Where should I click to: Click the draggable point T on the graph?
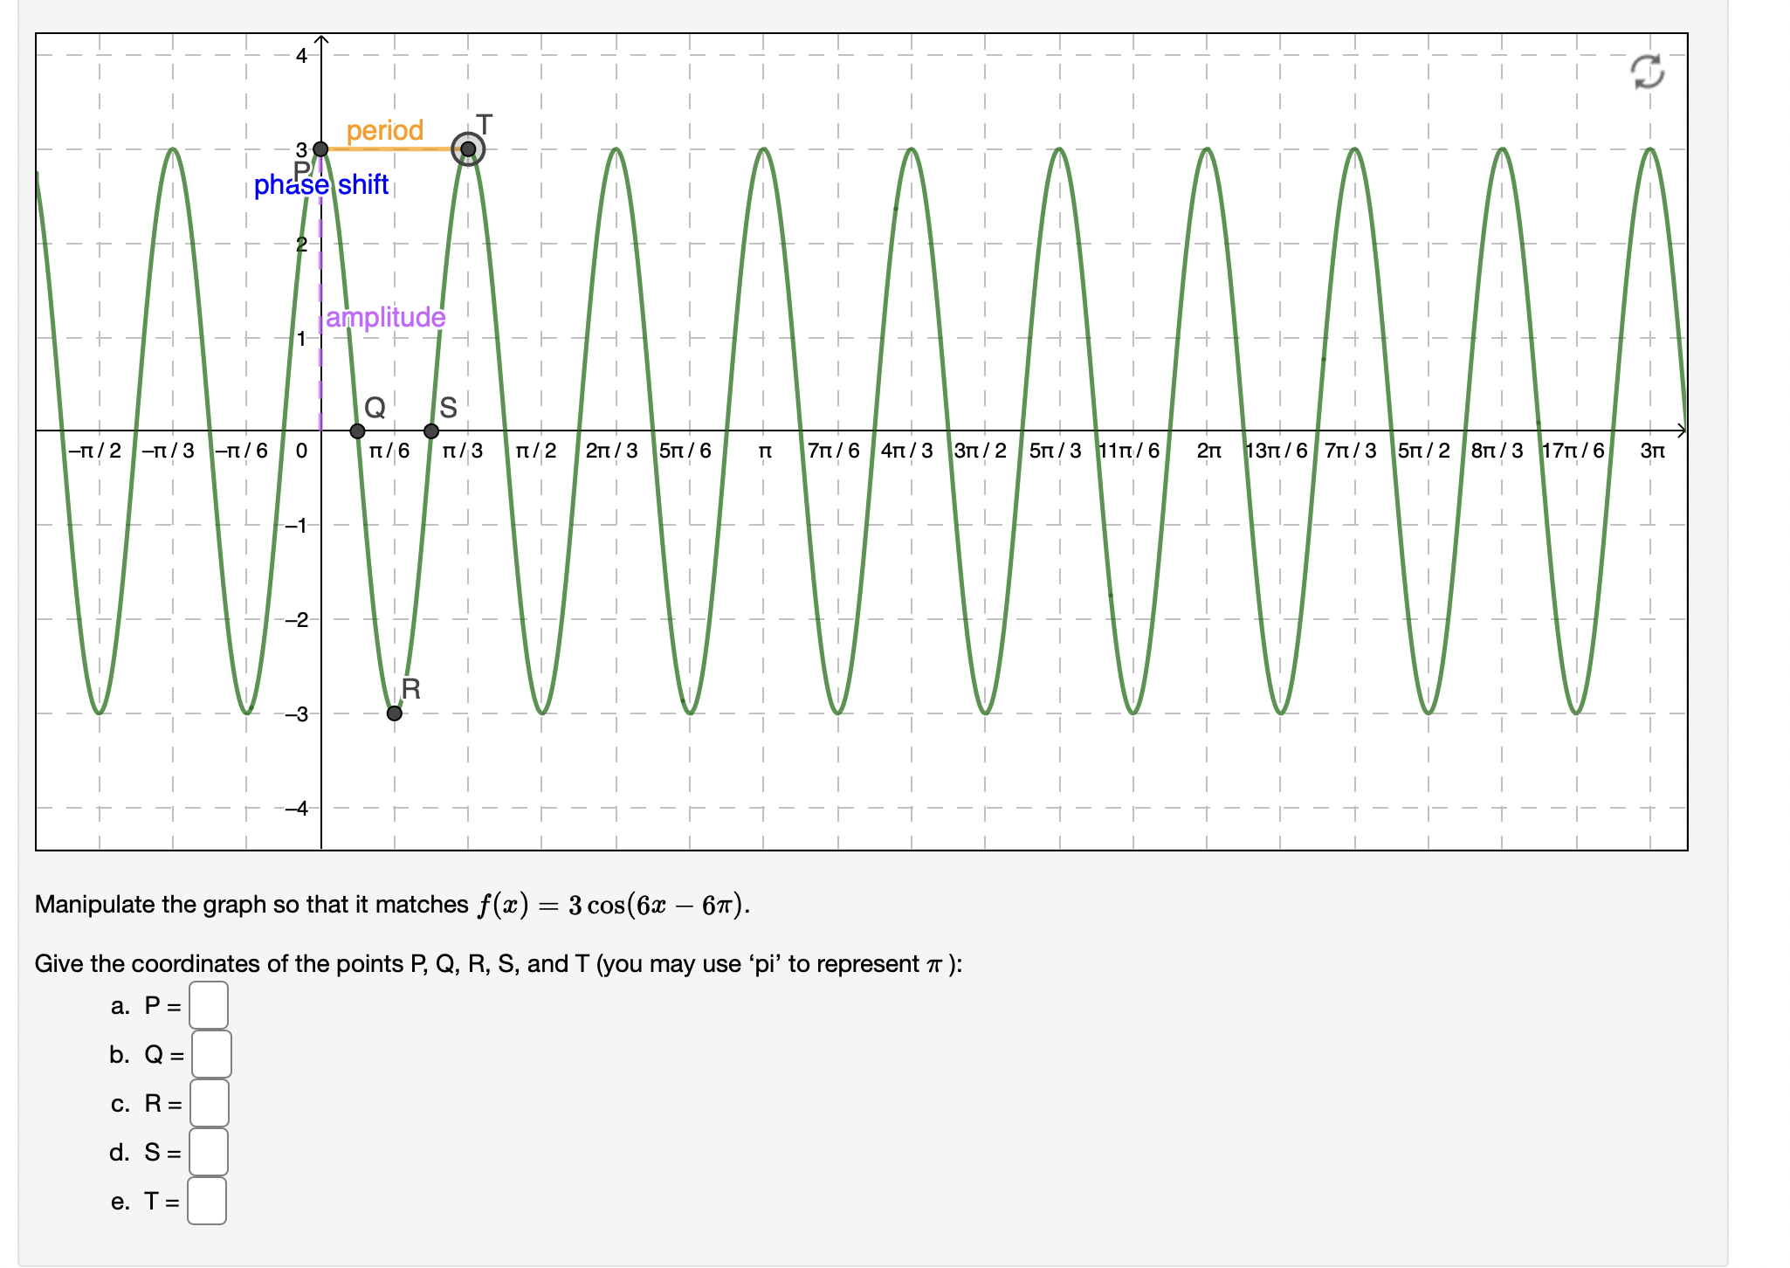[468, 149]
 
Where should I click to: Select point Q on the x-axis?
[357, 431]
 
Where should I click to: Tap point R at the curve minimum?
[395, 713]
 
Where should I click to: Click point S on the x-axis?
[431, 431]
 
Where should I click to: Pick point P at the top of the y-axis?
[321, 149]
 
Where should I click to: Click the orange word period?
[384, 131]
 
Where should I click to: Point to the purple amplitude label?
[385, 317]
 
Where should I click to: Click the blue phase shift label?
[321, 185]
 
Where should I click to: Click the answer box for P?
[209, 1005]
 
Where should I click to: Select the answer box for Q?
[211, 1054]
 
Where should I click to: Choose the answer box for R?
[210, 1103]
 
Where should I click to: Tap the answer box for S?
[209, 1152]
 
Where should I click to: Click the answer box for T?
[207, 1201]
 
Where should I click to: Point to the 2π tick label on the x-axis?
[1208, 451]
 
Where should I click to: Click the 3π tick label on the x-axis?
[1652, 451]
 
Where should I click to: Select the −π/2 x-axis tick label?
[95, 451]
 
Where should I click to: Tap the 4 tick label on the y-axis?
[301, 56]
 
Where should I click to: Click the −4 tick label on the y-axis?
[297, 809]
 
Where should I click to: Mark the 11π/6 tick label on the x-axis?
[1129, 451]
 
